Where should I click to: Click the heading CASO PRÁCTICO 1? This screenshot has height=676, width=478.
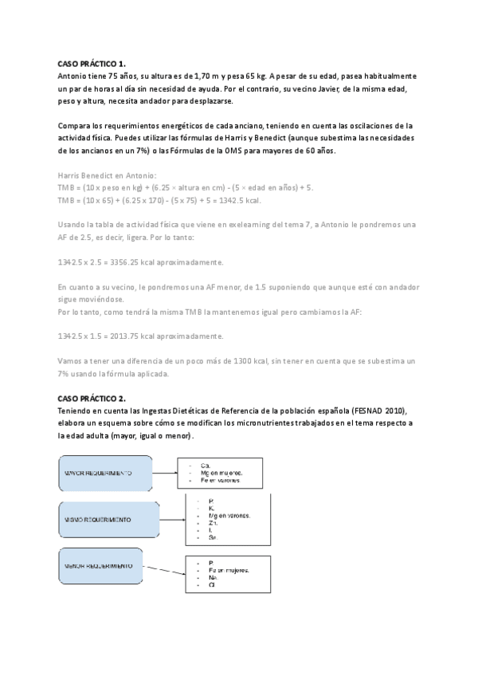[x=92, y=62]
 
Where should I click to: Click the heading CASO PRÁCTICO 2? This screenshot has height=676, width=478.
[x=92, y=398]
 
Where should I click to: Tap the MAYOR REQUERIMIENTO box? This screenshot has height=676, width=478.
[x=105, y=473]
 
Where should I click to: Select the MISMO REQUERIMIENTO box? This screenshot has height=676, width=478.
[x=105, y=520]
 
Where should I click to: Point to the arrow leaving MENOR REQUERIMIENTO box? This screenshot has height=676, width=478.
[x=163, y=570]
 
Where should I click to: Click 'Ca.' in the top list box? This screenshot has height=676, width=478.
[x=205, y=464]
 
